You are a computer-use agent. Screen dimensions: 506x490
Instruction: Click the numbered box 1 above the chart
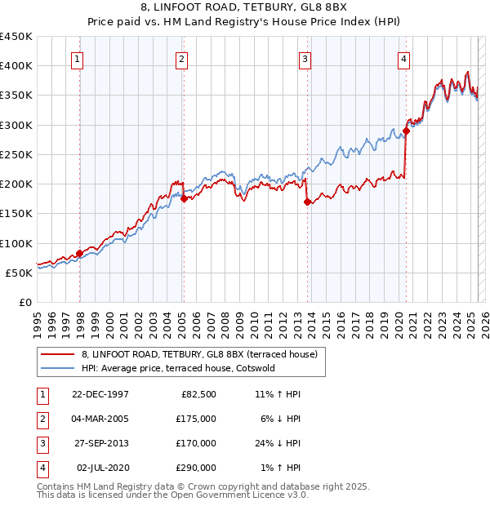pyautogui.click(x=77, y=59)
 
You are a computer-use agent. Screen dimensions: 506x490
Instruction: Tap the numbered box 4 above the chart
pyautogui.click(x=403, y=59)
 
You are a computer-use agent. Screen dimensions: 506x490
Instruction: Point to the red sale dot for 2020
pyautogui.click(x=406, y=131)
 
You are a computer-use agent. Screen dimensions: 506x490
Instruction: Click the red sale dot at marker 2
pyautogui.click(x=184, y=198)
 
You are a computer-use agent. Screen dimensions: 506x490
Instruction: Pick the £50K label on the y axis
pyautogui.click(x=20, y=273)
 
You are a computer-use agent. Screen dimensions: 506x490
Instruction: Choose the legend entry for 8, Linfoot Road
pyautogui.click(x=204, y=353)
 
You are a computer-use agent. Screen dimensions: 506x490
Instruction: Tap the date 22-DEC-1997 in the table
pyautogui.click(x=100, y=394)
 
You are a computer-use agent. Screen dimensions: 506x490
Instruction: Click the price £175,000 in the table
pyautogui.click(x=197, y=419)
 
